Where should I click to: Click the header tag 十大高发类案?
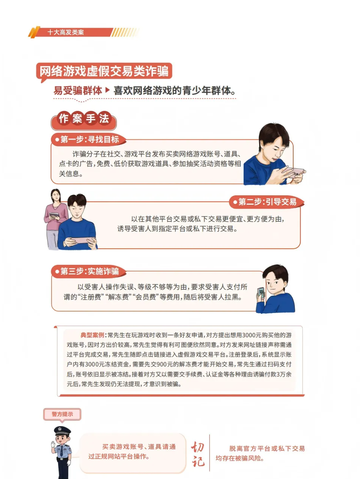click(66, 33)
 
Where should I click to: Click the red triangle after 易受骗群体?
click(108, 91)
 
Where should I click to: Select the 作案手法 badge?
click(84, 119)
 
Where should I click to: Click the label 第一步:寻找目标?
click(88, 139)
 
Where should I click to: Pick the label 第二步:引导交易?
click(267, 202)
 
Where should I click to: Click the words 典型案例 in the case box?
click(93, 335)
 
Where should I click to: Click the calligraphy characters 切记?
click(198, 454)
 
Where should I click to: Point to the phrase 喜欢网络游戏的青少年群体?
click(174, 91)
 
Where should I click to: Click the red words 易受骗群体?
click(78, 91)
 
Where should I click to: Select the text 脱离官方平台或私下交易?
click(267, 449)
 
